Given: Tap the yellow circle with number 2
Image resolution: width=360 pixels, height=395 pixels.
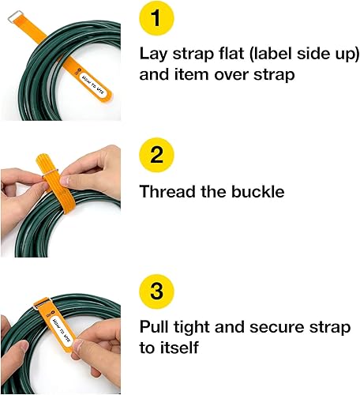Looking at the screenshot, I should (157, 156).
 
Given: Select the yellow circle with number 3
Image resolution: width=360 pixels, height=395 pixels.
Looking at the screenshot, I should (157, 292).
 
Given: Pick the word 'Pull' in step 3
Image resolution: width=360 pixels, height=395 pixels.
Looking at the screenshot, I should (154, 326).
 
